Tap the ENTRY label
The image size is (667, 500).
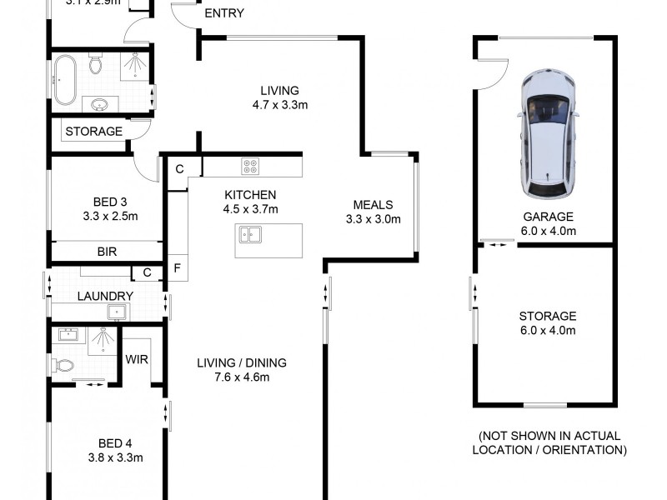[x=223, y=13]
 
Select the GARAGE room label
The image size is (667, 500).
[x=548, y=217]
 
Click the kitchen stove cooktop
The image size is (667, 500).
[x=250, y=167]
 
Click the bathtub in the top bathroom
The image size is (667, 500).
[x=66, y=79]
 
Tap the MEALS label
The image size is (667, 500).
[x=373, y=206]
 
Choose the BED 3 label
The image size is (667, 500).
[x=110, y=202]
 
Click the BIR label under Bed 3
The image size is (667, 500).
[x=107, y=250]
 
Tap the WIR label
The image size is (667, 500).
[x=137, y=360]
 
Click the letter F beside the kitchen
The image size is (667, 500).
[x=177, y=268]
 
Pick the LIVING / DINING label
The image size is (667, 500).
[x=242, y=362]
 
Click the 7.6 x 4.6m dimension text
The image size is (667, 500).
[x=242, y=377]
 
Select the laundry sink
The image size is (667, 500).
[x=117, y=312]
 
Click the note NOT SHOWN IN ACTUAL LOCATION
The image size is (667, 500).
[x=549, y=443]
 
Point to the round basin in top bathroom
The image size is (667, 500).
[x=100, y=104]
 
